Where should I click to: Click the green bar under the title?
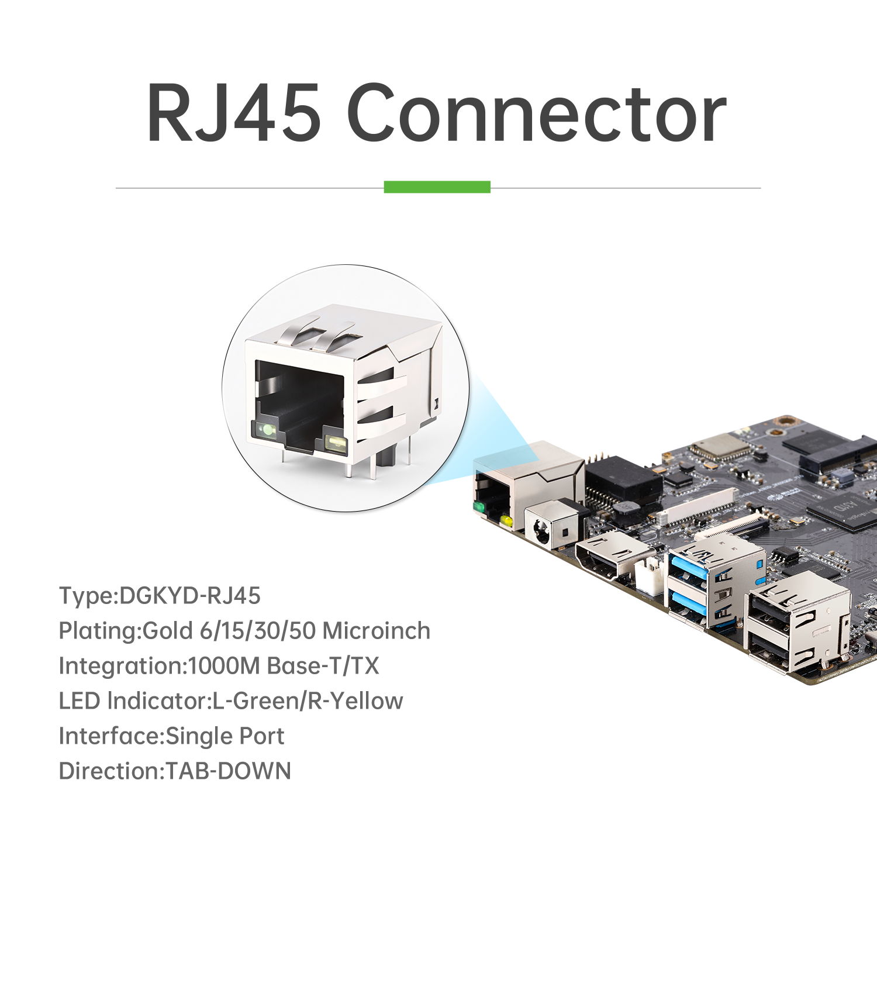(437, 187)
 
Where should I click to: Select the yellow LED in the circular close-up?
(336, 443)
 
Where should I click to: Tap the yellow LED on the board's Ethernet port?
(506, 520)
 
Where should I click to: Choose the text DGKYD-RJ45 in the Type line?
(190, 596)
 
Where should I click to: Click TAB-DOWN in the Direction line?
(229, 771)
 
